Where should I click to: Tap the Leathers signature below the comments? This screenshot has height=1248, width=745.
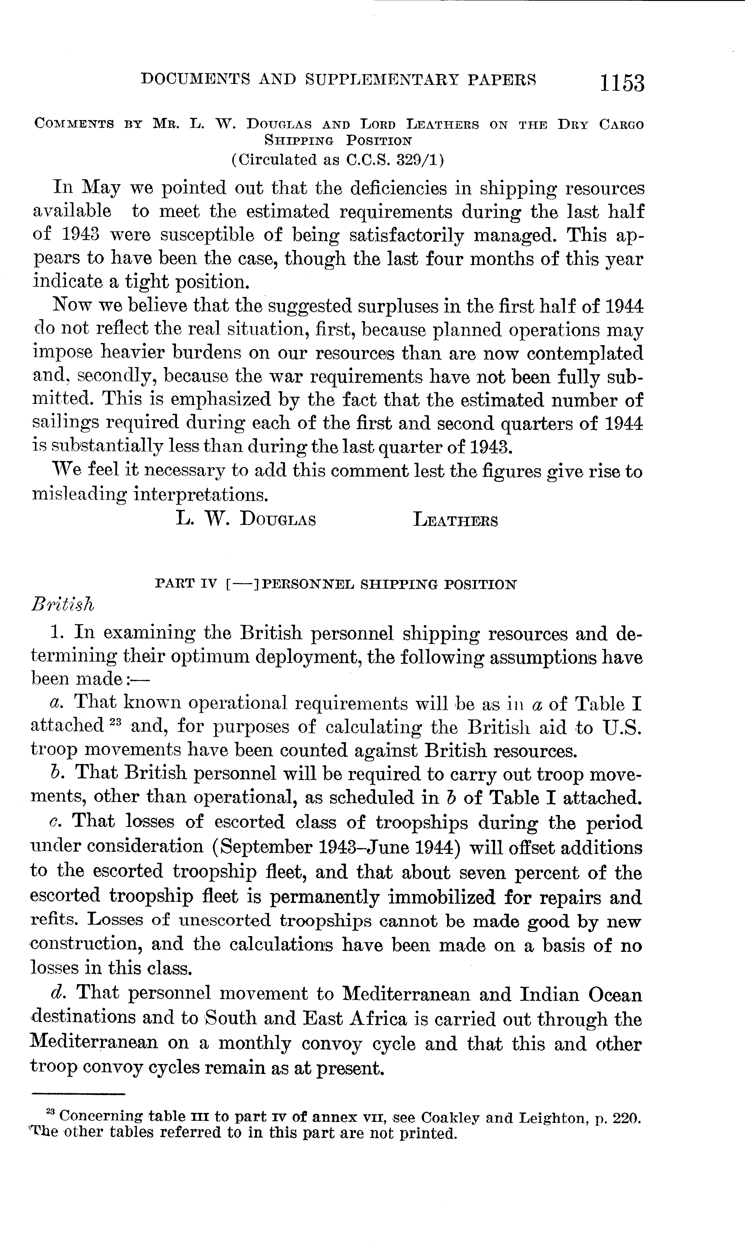click(x=455, y=520)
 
